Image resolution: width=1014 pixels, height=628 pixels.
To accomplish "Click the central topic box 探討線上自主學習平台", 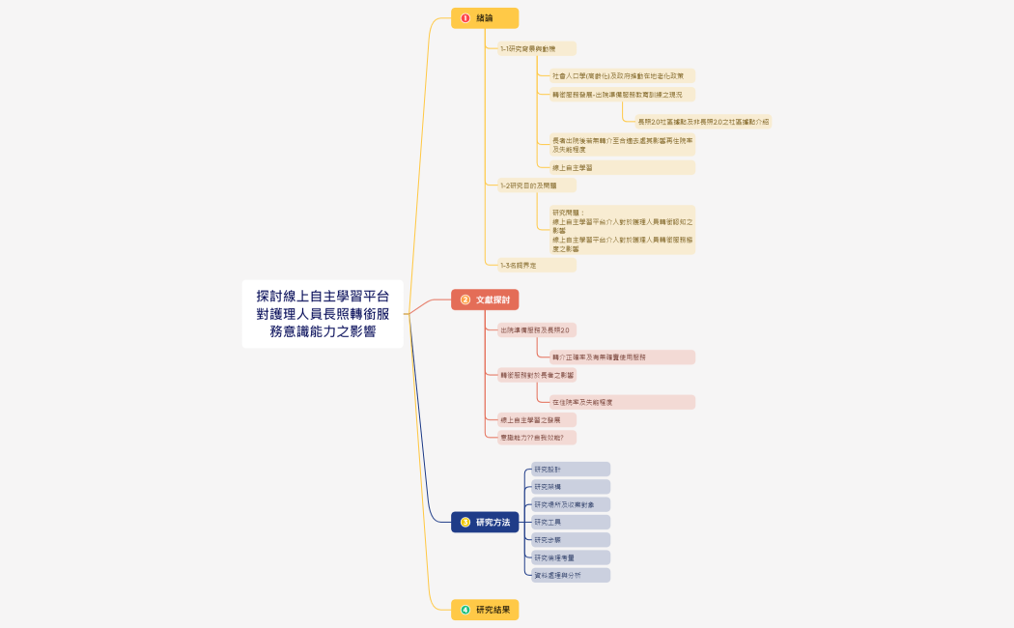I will pyautogui.click(x=323, y=314).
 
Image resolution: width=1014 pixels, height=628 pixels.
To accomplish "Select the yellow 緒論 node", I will pyautogui.click(x=485, y=18).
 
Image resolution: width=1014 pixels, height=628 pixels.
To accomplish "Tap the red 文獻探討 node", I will pyautogui.click(x=485, y=300).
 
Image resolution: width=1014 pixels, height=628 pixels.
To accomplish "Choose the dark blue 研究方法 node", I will pyautogui.click(x=485, y=522).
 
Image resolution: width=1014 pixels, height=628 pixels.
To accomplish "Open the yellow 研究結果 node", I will pyautogui.click(x=485, y=610).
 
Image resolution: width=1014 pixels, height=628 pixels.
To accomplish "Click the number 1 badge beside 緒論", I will pyautogui.click(x=465, y=18).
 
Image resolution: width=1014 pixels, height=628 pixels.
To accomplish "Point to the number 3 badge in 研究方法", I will pyautogui.click(x=465, y=522).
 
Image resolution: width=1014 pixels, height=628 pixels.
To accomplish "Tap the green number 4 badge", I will pyautogui.click(x=465, y=610).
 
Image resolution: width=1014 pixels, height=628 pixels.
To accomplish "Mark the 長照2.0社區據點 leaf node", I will pyautogui.click(x=703, y=122).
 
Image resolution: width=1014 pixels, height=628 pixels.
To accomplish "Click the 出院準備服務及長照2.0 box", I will pyautogui.click(x=537, y=329).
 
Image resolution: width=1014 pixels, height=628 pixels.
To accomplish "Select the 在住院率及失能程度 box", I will pyautogui.click(x=621, y=402).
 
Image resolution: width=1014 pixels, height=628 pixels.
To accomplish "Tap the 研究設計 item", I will pyautogui.click(x=571, y=469).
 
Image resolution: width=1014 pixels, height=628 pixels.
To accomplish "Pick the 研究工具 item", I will pyautogui.click(x=571, y=522).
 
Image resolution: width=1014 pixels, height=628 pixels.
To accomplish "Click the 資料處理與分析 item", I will pyautogui.click(x=571, y=575).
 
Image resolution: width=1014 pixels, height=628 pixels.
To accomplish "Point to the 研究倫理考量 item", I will pyautogui.click(x=571, y=557).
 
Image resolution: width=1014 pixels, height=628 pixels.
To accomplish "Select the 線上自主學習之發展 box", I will pyautogui.click(x=537, y=419).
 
